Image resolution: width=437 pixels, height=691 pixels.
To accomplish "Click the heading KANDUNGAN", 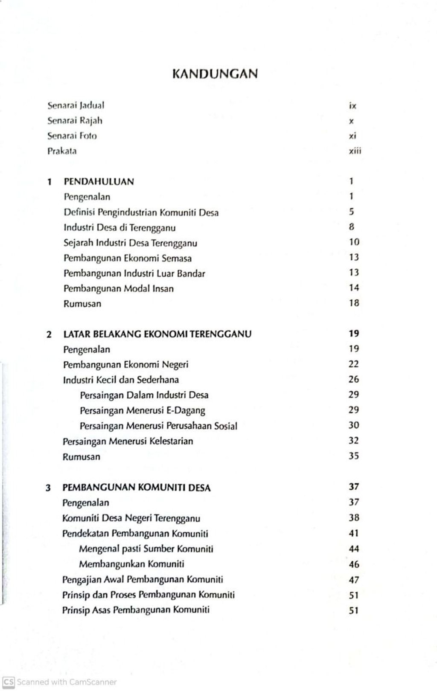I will coord(215,74).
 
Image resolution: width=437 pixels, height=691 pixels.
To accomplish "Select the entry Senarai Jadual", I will coord(76,105).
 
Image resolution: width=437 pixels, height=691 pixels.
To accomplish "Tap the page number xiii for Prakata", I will coord(354,151).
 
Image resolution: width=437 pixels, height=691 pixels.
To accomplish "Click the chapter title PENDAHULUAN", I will coord(99,181).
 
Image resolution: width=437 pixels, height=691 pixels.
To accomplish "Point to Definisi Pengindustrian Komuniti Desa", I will coord(141,212).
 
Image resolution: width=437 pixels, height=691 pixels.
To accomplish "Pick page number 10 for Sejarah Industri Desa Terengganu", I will coord(354,242).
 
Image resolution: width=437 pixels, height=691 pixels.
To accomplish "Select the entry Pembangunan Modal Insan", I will coord(119,288).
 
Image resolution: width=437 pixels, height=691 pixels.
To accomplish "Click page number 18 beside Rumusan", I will coord(354,303).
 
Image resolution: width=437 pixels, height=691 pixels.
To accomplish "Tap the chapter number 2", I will coord(49,334).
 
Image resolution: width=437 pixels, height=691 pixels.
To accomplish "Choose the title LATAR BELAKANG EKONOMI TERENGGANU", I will coord(157,334).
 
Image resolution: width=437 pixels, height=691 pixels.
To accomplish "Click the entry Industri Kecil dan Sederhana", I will coord(121,380).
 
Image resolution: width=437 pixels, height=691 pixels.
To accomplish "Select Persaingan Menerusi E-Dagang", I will coord(142,410).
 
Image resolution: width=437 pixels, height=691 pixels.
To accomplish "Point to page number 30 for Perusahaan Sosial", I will coord(354,425).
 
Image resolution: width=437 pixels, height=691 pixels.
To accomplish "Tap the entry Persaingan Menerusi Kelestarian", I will coord(128,441).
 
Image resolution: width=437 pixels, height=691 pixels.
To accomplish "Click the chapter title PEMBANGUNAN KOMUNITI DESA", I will coord(136,487).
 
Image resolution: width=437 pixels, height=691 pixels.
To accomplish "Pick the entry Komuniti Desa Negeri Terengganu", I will coord(131,518).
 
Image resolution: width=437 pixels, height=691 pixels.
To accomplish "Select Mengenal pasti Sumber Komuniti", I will coord(146,549).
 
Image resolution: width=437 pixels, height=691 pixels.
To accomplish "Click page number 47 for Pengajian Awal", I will coord(354,580).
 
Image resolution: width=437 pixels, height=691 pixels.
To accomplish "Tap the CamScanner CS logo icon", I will coord(9,682).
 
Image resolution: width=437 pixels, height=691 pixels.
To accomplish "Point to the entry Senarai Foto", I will coord(72,136).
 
